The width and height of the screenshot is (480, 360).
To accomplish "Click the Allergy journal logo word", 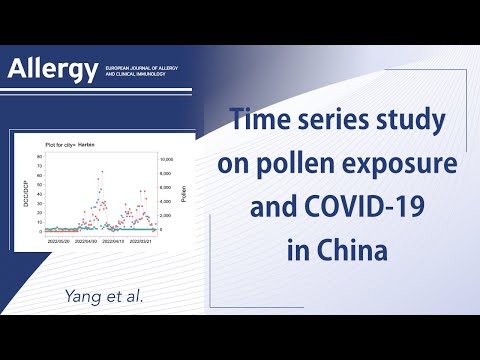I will point(53,69).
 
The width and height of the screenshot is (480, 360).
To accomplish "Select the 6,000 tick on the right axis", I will point(167,187).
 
